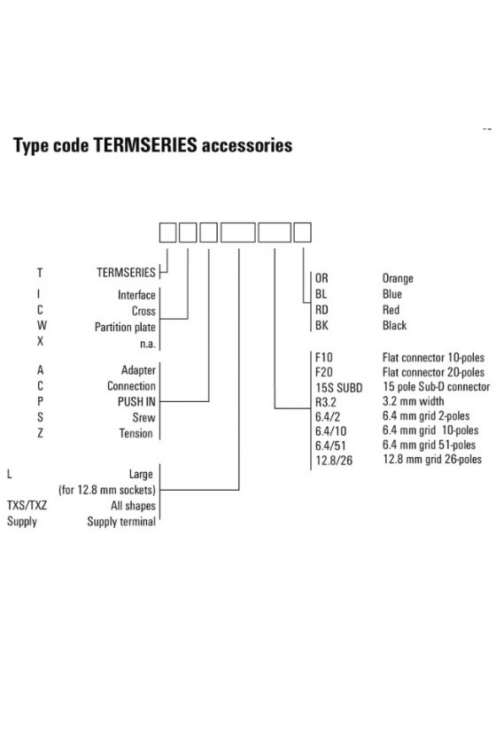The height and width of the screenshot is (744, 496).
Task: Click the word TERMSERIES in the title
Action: tap(144, 145)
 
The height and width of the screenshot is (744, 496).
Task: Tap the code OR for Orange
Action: tap(322, 278)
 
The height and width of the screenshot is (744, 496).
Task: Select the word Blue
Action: tap(392, 294)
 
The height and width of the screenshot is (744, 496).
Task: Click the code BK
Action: tap(322, 326)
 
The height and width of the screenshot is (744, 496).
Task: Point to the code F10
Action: tap(323, 357)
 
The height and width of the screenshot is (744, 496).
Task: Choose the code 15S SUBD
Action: tap(339, 388)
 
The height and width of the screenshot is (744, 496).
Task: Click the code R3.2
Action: tap(326, 402)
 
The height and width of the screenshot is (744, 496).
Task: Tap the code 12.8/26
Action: tap(334, 461)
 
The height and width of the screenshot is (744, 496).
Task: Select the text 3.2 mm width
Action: tap(413, 401)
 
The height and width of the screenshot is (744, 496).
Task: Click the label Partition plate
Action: tap(125, 328)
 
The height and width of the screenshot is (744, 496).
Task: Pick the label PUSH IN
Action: tap(136, 402)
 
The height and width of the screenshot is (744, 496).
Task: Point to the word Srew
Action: tap(143, 417)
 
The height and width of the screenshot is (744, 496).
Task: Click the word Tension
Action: tap(136, 433)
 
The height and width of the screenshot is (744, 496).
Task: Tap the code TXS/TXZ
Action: tap(27, 506)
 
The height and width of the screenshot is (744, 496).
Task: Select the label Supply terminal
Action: tap(121, 522)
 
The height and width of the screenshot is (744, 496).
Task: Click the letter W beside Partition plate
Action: tap(42, 326)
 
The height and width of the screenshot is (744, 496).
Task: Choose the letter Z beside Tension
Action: tap(41, 433)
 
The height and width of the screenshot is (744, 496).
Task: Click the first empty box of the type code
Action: tap(167, 232)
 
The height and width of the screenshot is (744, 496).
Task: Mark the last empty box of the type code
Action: tap(302, 232)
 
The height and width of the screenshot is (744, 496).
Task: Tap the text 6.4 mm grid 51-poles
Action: tap(429, 445)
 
